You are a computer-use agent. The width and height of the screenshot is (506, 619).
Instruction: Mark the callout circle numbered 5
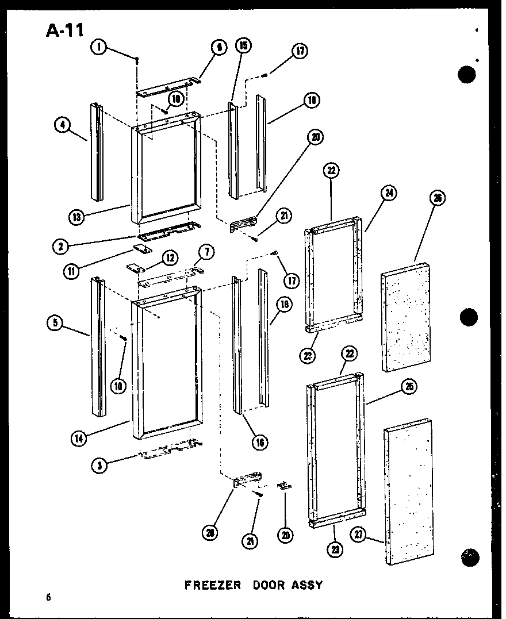(55, 323)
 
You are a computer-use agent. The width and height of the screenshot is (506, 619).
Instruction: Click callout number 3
(100, 466)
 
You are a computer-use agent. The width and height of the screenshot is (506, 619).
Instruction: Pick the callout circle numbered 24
(389, 194)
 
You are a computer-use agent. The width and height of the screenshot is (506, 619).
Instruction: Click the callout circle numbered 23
(334, 549)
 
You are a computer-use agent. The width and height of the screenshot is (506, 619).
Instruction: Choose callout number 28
(212, 533)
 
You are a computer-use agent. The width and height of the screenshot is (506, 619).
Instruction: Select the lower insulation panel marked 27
(409, 494)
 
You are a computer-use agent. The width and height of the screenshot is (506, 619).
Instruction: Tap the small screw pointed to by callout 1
(137, 59)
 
